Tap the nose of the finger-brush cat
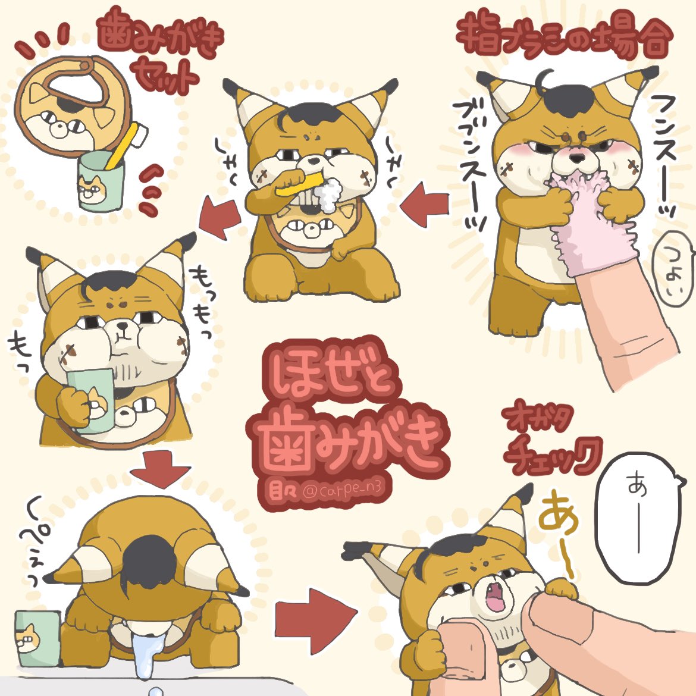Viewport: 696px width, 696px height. point(575,158)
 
